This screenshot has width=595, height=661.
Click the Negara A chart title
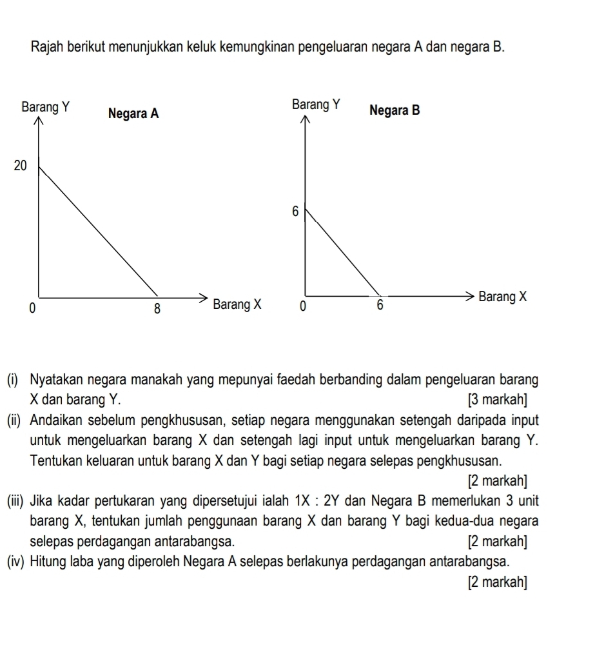133,114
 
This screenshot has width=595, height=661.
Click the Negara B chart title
395,110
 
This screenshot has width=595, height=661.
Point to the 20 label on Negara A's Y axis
21,166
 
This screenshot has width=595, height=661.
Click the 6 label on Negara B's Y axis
295,212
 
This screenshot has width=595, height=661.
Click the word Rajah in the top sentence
47,48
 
